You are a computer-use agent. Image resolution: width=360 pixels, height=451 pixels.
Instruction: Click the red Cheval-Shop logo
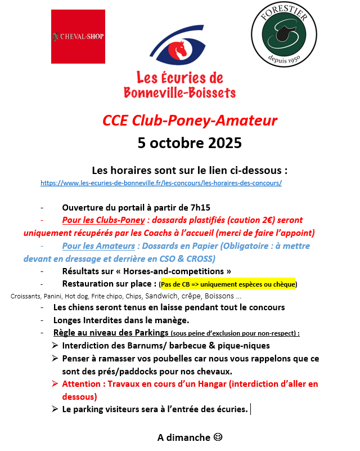(x=78, y=37)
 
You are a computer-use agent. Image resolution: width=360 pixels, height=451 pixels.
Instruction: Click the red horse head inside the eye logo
(x=179, y=50)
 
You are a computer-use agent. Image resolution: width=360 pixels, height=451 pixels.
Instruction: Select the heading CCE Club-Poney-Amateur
(x=190, y=120)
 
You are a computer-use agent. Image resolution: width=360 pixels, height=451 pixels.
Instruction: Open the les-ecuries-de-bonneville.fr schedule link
(x=161, y=183)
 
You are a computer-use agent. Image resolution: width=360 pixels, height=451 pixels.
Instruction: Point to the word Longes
(x=68, y=320)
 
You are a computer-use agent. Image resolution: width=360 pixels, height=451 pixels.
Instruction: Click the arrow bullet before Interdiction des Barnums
(x=55, y=345)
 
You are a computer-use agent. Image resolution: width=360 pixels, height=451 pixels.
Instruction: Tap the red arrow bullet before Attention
(x=55, y=384)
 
